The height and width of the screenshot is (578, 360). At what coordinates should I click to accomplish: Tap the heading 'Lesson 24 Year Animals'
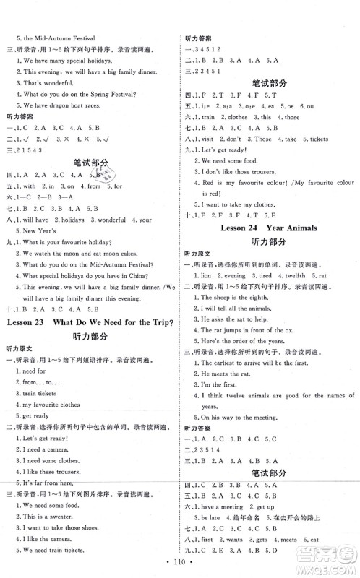pyautogui.click(x=268, y=246)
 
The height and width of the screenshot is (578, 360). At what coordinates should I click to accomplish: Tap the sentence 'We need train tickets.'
pyautogui.click(x=55, y=551)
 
